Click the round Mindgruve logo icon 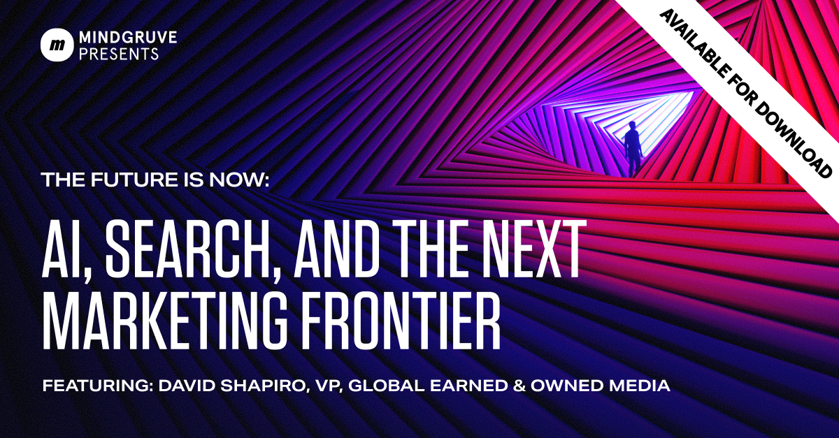pyautogui.click(x=57, y=45)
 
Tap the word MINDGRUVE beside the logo pyautogui.click(x=128, y=38)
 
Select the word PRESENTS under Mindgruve pyautogui.click(x=119, y=54)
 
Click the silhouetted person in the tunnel pyautogui.click(x=633, y=149)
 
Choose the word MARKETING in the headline pyautogui.click(x=165, y=320)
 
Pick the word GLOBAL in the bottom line pyautogui.click(x=386, y=386)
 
